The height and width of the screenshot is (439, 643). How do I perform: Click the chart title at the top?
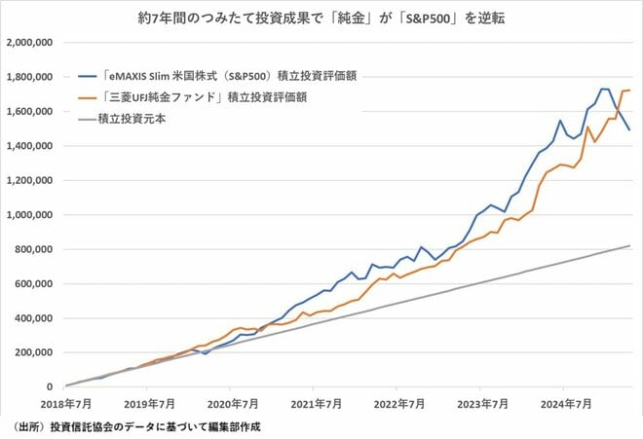pos(321,18)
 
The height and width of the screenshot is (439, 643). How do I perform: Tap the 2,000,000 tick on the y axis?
pos(31,43)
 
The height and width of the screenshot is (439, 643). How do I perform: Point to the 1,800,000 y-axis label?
pos(31,77)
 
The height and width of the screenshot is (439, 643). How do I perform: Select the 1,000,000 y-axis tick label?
pos(31,214)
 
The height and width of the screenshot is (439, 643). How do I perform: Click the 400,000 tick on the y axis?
pos(35,317)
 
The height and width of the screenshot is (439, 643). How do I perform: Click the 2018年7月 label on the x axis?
pos(66,401)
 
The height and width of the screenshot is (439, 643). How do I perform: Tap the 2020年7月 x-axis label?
pos(232,401)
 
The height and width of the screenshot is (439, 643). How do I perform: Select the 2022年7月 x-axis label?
pos(397,401)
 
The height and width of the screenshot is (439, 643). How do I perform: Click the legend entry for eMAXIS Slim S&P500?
pos(222,78)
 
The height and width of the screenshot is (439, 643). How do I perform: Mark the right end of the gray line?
pos(630,245)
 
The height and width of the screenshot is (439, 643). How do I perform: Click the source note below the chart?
pos(136,426)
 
